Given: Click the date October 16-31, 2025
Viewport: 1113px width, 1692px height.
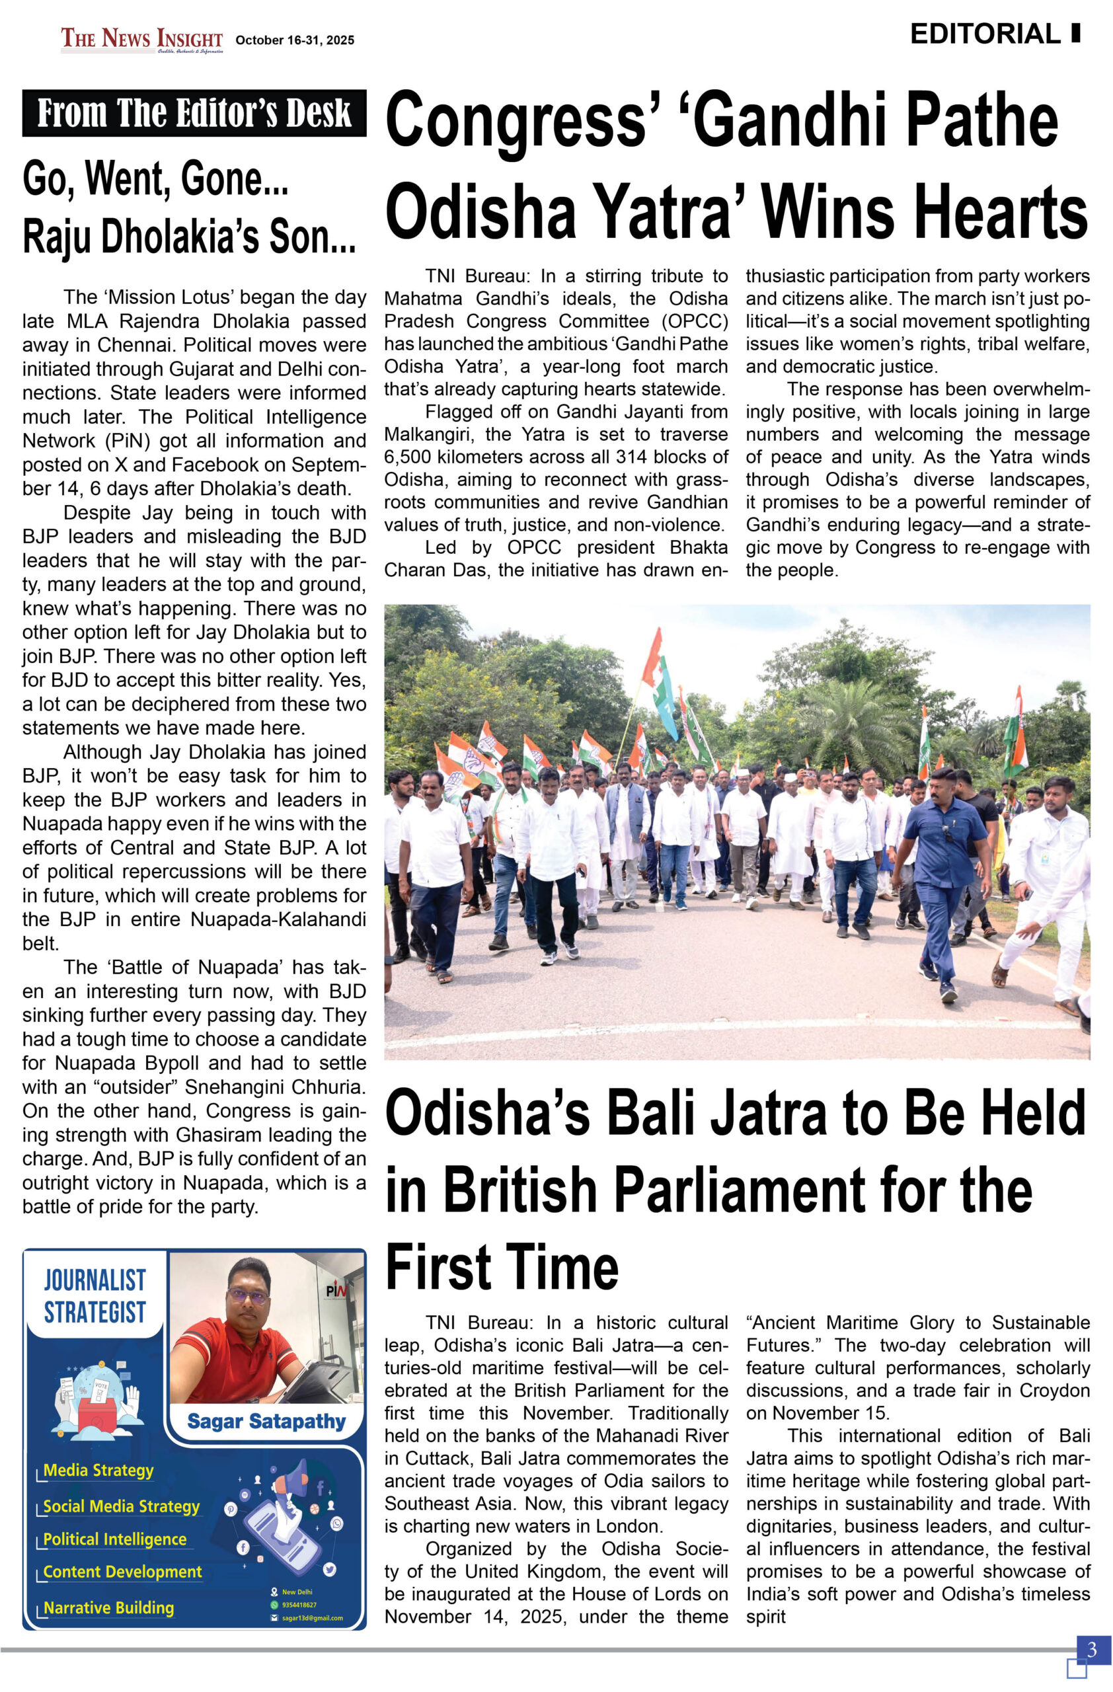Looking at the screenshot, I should (x=294, y=40).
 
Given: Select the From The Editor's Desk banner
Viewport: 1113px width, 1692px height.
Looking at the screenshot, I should (x=194, y=113).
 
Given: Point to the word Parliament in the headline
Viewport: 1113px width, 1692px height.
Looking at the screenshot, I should (x=741, y=1190).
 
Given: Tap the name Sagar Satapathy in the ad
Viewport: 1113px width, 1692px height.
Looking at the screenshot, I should (x=266, y=1421).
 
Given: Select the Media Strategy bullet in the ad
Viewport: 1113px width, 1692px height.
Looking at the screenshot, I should (x=98, y=1470).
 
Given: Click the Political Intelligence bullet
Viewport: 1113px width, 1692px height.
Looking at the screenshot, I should (x=114, y=1539).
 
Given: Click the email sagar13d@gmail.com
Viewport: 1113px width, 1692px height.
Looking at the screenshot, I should (x=312, y=1618).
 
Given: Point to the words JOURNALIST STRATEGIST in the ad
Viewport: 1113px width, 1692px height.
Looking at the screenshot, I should (x=95, y=1296).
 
